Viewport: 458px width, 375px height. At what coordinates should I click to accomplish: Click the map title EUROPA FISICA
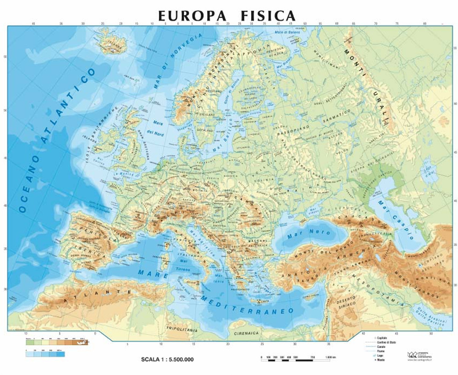pos(227,16)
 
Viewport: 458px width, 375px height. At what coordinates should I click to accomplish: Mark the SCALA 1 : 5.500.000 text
pos(168,359)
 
